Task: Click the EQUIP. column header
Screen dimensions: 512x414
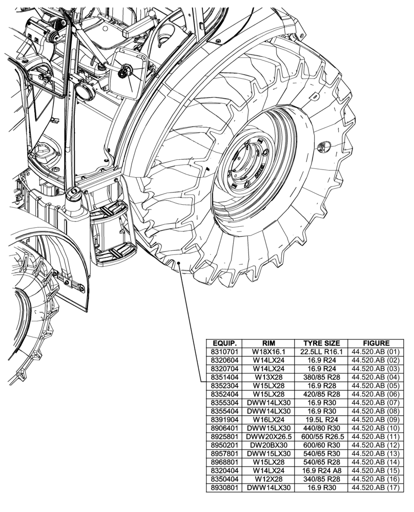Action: tap(223, 343)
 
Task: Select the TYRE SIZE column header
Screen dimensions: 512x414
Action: tap(321, 343)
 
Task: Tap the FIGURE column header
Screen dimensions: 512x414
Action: tap(376, 343)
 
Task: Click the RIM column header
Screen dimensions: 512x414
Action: tap(268, 343)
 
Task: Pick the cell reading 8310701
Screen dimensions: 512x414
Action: tap(223, 352)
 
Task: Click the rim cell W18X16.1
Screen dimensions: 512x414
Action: tap(268, 352)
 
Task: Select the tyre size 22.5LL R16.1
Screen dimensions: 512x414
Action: tap(321, 352)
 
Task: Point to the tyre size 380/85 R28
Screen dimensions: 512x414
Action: tap(321, 377)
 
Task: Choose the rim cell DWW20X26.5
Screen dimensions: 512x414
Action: tap(268, 437)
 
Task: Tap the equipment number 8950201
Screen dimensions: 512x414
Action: tap(223, 445)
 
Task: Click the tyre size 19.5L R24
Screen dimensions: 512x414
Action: tap(321, 420)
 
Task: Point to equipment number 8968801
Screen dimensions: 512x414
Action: tap(223, 462)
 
